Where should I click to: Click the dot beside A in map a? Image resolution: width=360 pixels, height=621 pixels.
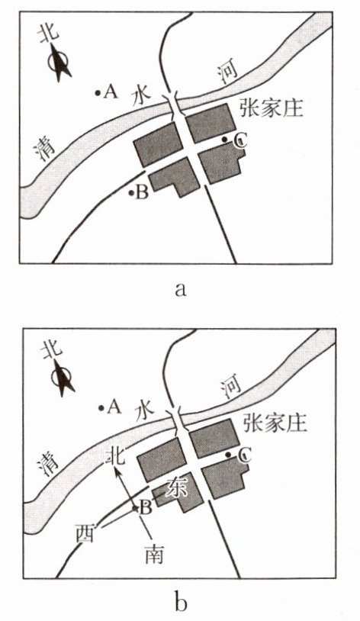coord(98,93)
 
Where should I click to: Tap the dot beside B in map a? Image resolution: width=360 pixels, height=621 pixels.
coord(130,193)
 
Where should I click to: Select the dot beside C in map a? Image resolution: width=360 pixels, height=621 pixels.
coord(224,140)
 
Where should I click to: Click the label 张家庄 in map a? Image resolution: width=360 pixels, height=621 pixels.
coord(272,108)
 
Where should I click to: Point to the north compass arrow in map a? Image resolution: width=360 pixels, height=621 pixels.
coord(59,63)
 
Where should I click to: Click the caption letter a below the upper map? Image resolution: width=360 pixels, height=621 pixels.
coord(180,289)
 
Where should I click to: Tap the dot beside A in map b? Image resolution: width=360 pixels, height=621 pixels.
coord(101,407)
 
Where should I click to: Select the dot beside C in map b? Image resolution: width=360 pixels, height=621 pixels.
coord(228,454)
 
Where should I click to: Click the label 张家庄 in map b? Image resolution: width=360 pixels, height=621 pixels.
coord(275,423)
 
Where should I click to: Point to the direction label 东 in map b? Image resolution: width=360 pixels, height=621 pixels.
coord(177,487)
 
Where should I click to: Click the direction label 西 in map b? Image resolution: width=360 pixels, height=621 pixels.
coord(85,535)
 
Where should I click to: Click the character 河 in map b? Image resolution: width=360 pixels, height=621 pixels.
coord(231,386)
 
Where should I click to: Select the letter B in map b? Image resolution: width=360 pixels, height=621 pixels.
coord(146,508)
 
